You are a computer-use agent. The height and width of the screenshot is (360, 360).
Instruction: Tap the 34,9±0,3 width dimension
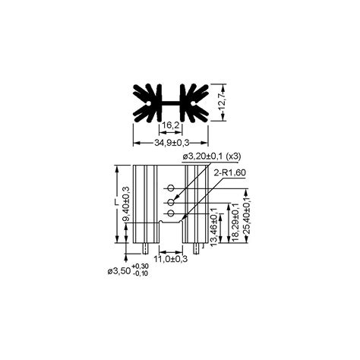point(172,143)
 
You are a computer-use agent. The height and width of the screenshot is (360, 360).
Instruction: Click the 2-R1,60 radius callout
point(231,174)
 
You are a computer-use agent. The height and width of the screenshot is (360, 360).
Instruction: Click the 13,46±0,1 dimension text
point(214,225)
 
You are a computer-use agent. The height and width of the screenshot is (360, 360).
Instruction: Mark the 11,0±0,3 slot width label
point(172,258)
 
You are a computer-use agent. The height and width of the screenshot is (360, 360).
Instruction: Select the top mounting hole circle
point(171,188)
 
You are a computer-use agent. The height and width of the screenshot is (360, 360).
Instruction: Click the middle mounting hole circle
point(171,201)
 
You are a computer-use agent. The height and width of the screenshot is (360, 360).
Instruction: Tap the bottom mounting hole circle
point(171,215)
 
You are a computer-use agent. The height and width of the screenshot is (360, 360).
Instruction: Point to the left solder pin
point(145,249)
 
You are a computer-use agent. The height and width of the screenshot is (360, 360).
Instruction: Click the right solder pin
point(198,249)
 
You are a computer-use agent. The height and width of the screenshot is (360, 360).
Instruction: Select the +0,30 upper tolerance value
point(141,267)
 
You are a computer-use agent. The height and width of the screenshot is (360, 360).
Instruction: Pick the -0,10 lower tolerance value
point(141,274)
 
